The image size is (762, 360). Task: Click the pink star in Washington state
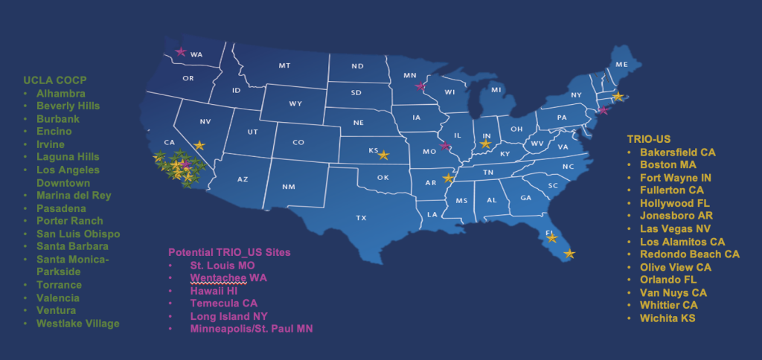tap(180, 52)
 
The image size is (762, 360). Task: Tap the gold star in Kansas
tap(383, 155)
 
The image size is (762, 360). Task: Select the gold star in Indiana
tap(486, 144)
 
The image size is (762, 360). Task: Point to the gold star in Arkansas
tap(448, 179)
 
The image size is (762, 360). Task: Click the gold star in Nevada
tap(199, 146)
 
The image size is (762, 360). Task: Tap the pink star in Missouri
tap(445, 146)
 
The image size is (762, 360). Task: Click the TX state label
tap(362, 218)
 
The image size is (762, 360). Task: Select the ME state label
tap(622, 65)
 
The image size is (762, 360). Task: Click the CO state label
tap(298, 142)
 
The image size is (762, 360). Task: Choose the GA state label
tap(525, 198)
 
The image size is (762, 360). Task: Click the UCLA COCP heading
tap(54, 80)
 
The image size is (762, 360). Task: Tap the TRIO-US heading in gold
tap(650, 138)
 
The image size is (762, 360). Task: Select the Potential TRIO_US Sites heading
tap(229, 252)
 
